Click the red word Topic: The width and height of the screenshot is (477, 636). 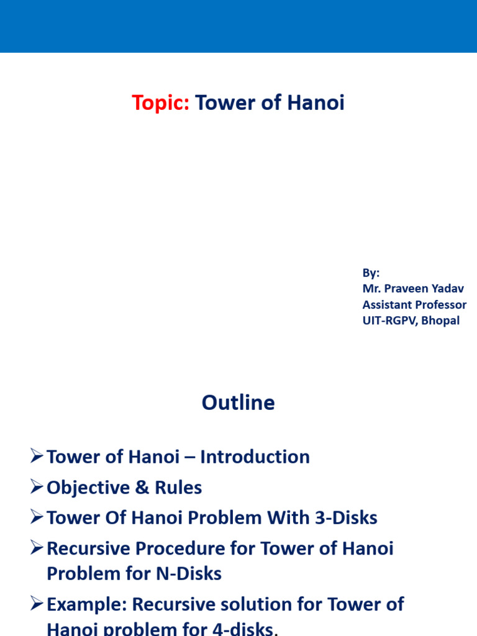click(x=161, y=104)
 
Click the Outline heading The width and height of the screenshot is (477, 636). click(x=238, y=403)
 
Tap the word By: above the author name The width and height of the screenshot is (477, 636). click(x=371, y=273)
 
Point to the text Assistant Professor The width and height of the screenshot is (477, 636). click(x=414, y=305)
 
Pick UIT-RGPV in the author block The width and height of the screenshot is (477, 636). click(x=388, y=321)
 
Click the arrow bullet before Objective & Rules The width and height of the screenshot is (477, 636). click(x=37, y=488)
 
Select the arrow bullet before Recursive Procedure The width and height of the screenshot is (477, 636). click(x=37, y=548)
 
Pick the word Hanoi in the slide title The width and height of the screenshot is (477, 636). click(x=316, y=104)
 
